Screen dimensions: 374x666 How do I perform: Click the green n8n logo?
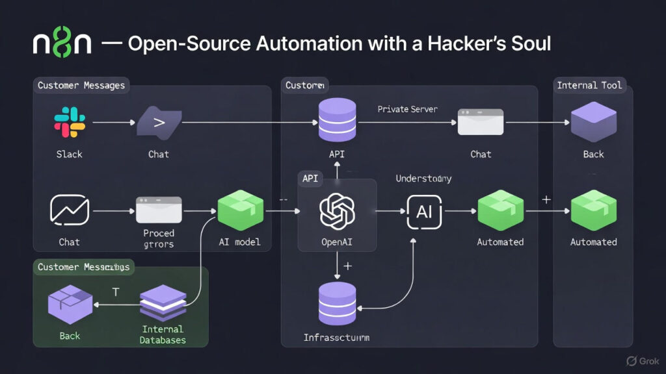(x=62, y=44)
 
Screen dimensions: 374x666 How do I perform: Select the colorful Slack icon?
(x=70, y=122)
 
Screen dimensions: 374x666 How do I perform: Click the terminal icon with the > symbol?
(x=158, y=122)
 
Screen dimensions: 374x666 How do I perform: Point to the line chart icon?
(x=69, y=211)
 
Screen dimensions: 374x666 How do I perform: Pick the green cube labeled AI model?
(x=240, y=210)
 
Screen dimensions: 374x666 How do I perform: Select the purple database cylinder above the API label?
(x=337, y=121)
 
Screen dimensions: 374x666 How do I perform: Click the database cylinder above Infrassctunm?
(x=337, y=303)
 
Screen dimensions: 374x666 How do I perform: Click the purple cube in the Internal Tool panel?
(x=593, y=121)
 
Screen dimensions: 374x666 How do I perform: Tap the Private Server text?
(x=407, y=109)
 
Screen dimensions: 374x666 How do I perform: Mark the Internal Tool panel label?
(x=589, y=85)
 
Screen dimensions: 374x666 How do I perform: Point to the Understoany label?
(x=423, y=178)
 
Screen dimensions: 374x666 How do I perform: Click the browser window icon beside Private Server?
(x=481, y=121)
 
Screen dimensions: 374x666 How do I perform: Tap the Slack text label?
(x=69, y=154)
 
